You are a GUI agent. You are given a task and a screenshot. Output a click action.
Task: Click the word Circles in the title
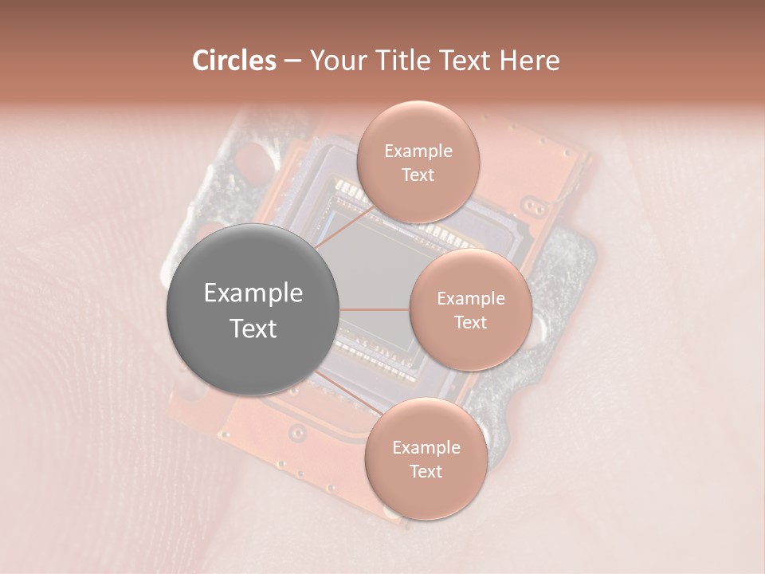(234, 61)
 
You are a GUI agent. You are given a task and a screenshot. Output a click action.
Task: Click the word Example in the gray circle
(253, 293)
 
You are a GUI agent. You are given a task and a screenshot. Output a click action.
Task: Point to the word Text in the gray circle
(253, 328)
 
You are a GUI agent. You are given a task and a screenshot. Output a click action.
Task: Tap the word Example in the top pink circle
(418, 151)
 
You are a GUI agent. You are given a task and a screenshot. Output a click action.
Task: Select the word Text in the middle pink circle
(470, 322)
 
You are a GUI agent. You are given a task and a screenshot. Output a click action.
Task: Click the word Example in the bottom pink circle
(426, 447)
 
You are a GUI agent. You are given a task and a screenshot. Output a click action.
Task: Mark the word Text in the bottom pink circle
(426, 471)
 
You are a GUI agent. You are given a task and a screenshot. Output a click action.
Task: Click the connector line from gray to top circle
(344, 229)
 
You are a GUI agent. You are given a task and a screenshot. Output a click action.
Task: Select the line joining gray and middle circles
(375, 309)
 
